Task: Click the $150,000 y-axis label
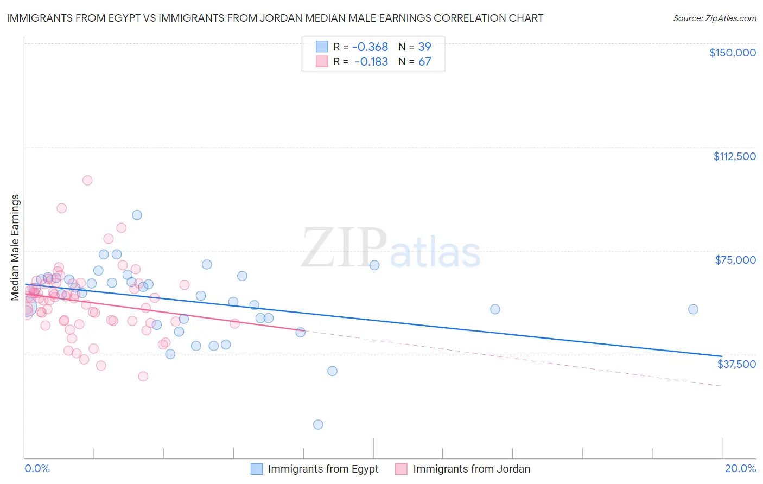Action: [732, 53]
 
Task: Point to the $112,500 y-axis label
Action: [734, 156]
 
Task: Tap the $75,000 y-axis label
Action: [735, 260]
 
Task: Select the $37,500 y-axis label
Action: [736, 364]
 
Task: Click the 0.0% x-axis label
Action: [37, 468]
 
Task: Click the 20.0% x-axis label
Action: [740, 468]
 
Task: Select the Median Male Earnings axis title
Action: [15, 247]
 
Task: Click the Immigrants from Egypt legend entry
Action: [323, 469]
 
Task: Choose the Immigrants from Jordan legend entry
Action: [471, 469]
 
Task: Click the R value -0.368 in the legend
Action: [370, 47]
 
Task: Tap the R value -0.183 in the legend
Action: [371, 62]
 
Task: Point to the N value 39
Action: [424, 47]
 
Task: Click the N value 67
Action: [424, 62]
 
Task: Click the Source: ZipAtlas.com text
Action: [714, 18]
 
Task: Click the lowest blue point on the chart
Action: [318, 424]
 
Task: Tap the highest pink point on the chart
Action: [87, 180]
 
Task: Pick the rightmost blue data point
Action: [693, 309]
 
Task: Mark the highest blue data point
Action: [137, 215]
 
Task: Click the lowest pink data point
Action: [143, 376]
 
